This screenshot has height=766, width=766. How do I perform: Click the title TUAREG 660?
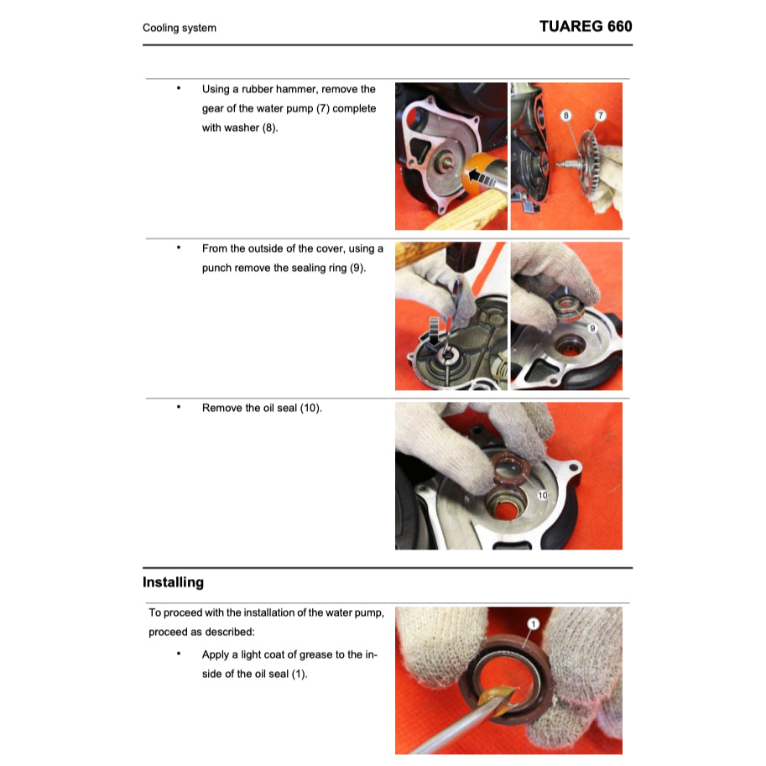[x=585, y=26]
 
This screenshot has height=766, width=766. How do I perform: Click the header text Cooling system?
[x=179, y=28]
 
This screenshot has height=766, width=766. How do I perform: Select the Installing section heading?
[x=173, y=582]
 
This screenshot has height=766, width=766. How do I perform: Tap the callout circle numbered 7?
[x=601, y=114]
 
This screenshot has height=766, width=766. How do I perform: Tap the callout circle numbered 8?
[x=566, y=114]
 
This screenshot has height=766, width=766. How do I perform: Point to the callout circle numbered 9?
[x=592, y=327]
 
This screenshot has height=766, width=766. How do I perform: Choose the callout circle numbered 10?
[x=542, y=496]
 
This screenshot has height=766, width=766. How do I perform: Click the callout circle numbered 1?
[x=532, y=623]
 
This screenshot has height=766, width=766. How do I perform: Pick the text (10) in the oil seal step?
[x=310, y=408]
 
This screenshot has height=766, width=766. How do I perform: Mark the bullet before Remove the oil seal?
[x=178, y=407]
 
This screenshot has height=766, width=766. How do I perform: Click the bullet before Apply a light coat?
[x=178, y=654]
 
